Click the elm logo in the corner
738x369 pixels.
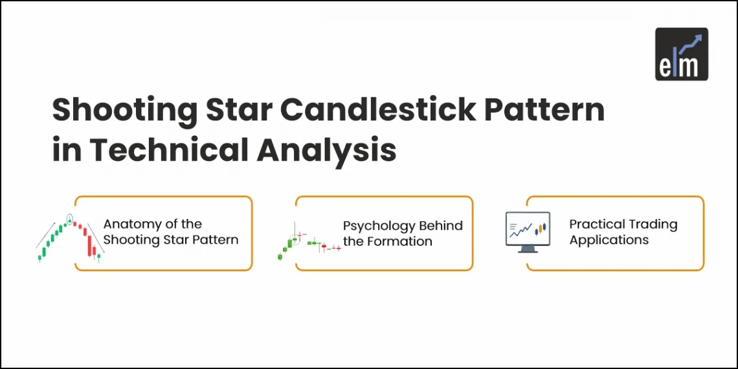click(x=681, y=54)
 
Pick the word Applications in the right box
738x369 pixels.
click(x=609, y=240)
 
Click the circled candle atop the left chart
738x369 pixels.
click(x=69, y=218)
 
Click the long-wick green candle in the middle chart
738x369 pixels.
click(x=295, y=234)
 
